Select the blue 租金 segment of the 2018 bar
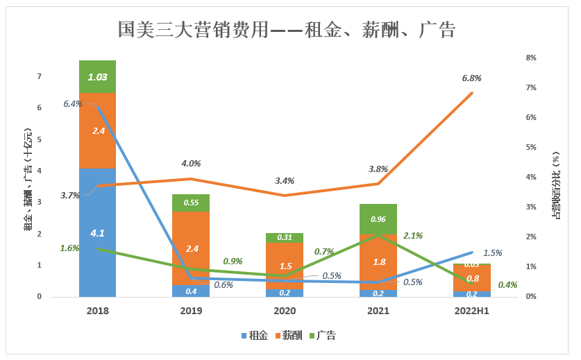[x=97, y=232]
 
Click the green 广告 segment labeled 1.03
[x=97, y=76]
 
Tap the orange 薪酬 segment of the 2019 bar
[x=191, y=248]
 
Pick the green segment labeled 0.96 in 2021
[x=378, y=219]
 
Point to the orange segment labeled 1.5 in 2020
[x=285, y=266]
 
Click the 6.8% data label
[x=471, y=78]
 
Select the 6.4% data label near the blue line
[x=72, y=104]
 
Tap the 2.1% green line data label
[x=413, y=236]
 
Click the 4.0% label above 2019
[x=191, y=164]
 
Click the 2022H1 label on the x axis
[x=471, y=311]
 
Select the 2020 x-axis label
[x=285, y=311]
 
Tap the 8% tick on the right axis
[x=532, y=58]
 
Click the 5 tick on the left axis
[x=40, y=139]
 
